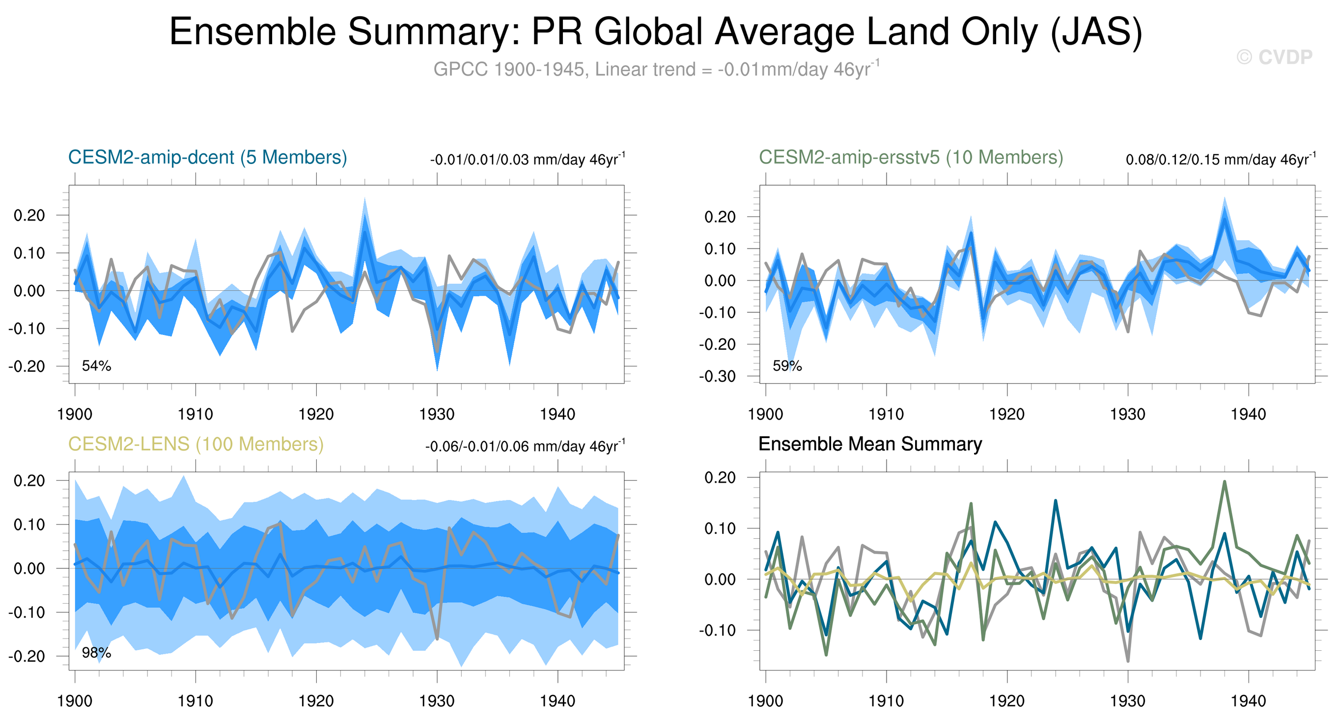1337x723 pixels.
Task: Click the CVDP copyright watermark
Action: pos(1274,57)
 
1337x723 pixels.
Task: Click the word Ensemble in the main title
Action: pos(253,32)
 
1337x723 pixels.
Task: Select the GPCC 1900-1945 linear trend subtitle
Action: pos(656,69)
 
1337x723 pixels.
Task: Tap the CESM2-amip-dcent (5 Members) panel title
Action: pos(208,157)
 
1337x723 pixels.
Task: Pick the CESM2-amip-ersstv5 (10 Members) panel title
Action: pos(911,157)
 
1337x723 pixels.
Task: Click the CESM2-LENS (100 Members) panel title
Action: pos(195,445)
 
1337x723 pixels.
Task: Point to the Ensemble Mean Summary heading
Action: pos(870,445)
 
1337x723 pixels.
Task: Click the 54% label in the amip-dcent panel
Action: pos(97,366)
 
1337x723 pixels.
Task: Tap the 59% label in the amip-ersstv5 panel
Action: pos(787,366)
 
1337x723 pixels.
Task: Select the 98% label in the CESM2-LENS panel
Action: pos(97,653)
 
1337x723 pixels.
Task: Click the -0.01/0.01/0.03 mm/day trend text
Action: pos(528,159)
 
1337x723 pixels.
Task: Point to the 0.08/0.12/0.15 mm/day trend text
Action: pos(1220,159)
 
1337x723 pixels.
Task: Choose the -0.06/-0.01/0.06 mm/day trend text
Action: pos(525,446)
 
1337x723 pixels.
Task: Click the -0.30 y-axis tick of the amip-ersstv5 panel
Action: pos(717,376)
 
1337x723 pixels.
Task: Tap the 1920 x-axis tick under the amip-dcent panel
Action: pos(316,414)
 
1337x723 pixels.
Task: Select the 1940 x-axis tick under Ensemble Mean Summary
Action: pos(1248,701)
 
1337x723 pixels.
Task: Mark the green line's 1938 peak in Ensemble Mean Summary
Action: pos(1225,481)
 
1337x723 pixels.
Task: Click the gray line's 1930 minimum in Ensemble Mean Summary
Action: pos(1128,661)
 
